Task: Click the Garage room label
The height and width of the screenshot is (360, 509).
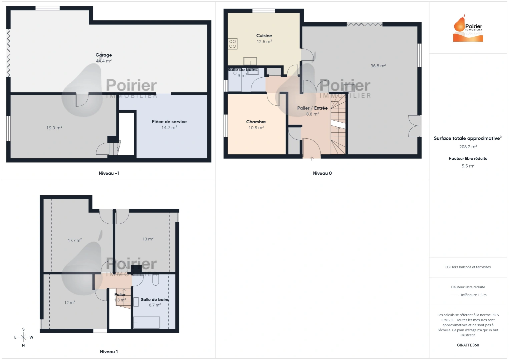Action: (x=104, y=55)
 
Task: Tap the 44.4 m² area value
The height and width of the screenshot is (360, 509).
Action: (x=104, y=61)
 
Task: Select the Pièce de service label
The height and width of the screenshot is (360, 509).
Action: (x=169, y=122)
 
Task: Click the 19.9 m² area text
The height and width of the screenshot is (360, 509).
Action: (x=54, y=128)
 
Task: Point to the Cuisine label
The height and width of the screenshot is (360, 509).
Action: (x=264, y=36)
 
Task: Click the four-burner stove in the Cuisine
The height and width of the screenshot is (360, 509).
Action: (x=232, y=44)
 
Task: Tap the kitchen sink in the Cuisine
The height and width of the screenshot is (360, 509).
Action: (x=250, y=61)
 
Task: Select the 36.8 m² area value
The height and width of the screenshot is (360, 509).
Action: (x=378, y=66)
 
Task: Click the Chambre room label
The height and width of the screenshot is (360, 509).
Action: (x=256, y=122)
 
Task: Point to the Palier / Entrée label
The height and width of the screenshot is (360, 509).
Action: (x=312, y=108)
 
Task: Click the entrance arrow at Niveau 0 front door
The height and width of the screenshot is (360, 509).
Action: (x=312, y=159)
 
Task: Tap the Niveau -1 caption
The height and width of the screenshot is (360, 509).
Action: (x=109, y=173)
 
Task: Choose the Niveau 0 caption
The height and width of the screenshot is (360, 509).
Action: (x=322, y=173)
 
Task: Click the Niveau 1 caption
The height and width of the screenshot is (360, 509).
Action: (x=109, y=352)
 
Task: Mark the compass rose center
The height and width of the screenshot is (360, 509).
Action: (x=23, y=337)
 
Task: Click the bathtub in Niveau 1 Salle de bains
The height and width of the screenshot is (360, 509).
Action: (x=146, y=323)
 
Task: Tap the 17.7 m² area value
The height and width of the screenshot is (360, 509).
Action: (x=75, y=240)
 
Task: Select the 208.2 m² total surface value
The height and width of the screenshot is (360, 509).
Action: (x=468, y=147)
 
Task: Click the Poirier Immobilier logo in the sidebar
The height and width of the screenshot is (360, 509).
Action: (x=468, y=29)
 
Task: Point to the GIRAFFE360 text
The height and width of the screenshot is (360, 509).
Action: (x=468, y=345)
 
